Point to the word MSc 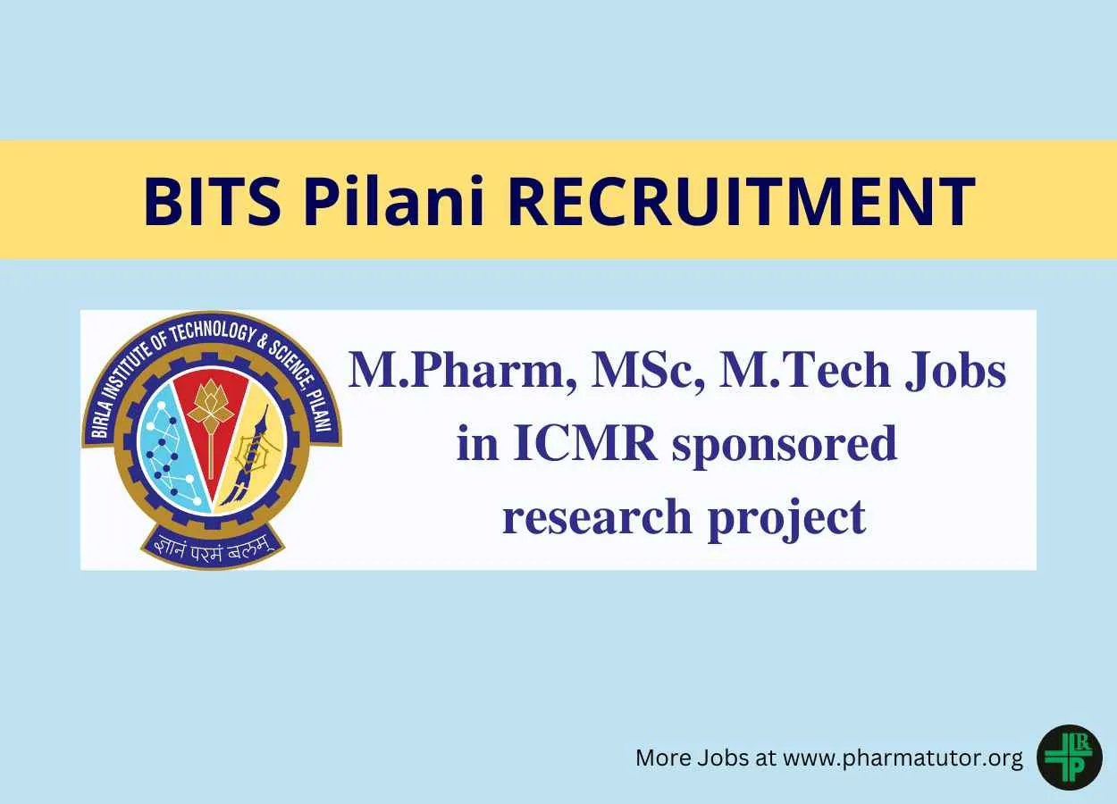646,372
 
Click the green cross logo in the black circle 1070,758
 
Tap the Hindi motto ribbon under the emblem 213,548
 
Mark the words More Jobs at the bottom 692,758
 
